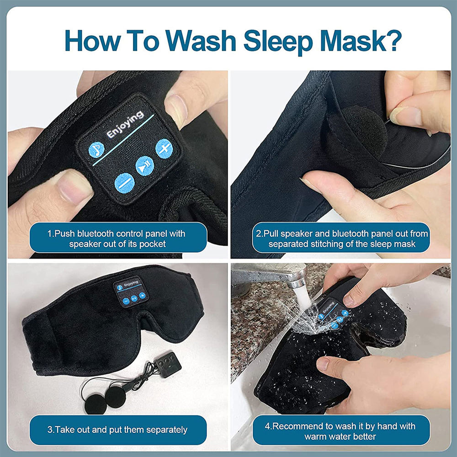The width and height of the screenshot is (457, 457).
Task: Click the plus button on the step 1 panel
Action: (163, 148)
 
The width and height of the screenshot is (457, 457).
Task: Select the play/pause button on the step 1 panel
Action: (144, 165)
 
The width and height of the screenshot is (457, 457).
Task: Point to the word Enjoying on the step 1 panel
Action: (125, 124)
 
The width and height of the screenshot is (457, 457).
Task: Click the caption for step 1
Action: (118, 239)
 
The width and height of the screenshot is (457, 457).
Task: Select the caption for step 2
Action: (341, 239)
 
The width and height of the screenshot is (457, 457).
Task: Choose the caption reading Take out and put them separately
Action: (118, 430)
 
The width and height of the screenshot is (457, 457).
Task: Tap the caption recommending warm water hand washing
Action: (341, 430)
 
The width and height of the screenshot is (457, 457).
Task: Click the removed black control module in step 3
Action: (167, 365)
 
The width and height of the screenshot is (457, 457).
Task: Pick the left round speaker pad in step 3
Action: (96, 402)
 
